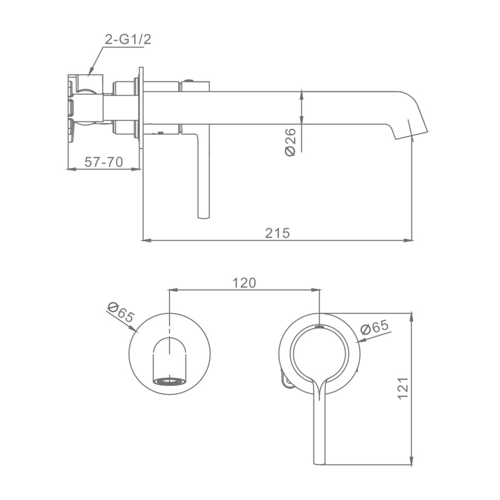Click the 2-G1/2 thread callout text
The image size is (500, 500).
click(128, 40)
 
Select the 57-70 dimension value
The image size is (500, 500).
click(104, 162)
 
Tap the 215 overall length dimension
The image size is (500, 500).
click(277, 233)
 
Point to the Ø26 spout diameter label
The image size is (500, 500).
click(291, 142)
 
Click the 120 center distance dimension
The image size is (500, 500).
click(244, 283)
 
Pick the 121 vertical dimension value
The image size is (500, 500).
click(403, 388)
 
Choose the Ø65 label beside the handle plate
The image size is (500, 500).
click(375, 327)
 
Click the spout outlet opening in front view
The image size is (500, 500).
click(170, 381)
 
